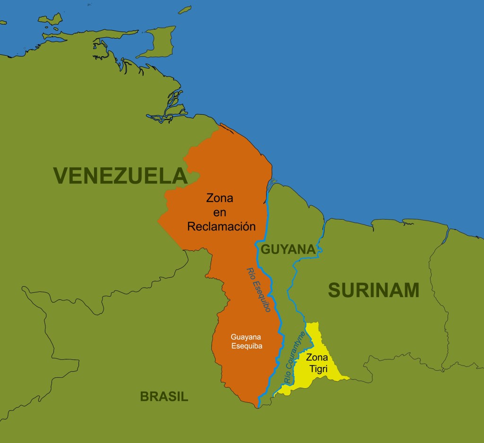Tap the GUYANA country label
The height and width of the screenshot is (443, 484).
click(288, 249)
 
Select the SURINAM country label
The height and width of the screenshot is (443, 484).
click(373, 290)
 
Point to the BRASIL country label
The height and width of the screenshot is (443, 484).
click(164, 397)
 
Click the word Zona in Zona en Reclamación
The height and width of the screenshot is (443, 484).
click(219, 198)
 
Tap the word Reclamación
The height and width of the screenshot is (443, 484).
click(221, 227)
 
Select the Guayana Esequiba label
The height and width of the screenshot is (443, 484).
click(246, 341)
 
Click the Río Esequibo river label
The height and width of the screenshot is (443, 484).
click(259, 290)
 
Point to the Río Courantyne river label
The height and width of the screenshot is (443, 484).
click(294, 357)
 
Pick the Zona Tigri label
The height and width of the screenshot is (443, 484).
click(317, 363)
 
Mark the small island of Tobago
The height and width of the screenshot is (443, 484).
click(185, 9)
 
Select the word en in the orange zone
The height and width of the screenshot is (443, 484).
click(220, 213)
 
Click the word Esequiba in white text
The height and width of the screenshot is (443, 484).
click(246, 346)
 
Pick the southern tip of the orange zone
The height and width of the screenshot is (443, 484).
click(258, 404)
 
